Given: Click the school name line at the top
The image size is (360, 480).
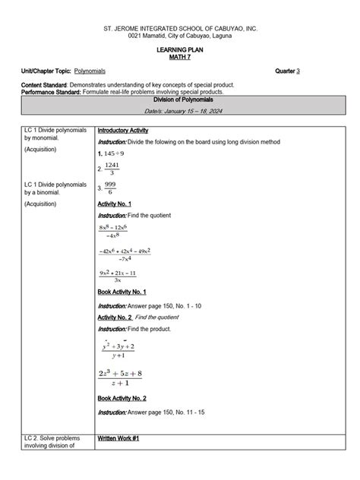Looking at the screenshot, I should (x=180, y=27).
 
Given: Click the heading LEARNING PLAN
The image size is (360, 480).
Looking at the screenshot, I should (x=180, y=49).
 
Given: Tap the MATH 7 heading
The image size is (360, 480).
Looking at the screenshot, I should (x=180, y=57).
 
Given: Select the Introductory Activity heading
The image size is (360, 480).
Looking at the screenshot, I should (x=123, y=131).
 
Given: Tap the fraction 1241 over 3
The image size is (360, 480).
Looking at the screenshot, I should (x=112, y=169).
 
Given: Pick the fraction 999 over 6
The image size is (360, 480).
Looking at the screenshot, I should (x=112, y=188).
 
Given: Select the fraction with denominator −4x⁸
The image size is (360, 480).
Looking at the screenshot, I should (x=113, y=231).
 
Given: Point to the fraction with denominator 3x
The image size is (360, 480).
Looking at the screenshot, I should (x=118, y=276).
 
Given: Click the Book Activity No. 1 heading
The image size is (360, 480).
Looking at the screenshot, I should (x=122, y=292).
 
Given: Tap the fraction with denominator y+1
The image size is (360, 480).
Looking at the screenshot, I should (x=118, y=350).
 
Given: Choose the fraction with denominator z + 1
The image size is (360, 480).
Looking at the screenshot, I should (x=120, y=377).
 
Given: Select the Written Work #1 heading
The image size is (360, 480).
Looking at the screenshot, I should (x=118, y=439).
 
